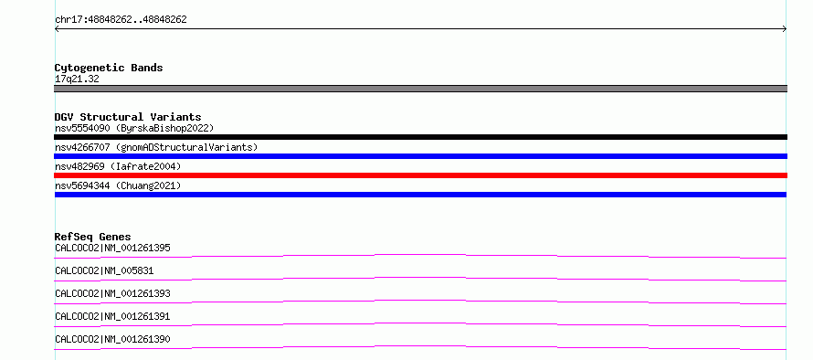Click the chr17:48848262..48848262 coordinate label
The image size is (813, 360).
coord(121,20)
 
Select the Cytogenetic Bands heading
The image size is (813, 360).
coord(109,68)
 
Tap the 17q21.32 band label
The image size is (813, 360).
coord(77,79)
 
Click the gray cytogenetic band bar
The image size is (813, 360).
coord(420,89)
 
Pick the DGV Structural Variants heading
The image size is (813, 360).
coord(128,117)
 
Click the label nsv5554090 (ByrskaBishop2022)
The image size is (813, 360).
coord(134,128)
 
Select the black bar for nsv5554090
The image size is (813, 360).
coord(420,137)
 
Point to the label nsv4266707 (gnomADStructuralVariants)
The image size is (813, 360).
coord(156,147)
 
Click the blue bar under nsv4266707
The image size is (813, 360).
coord(420,156)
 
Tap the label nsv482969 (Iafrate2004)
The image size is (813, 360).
coord(118,166)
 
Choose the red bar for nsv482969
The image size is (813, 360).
coord(420,175)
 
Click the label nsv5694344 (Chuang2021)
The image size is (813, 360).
coord(118,185)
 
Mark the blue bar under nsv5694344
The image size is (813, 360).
coord(420,195)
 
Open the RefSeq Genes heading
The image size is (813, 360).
coord(93,237)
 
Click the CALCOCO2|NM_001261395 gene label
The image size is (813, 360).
coord(112,248)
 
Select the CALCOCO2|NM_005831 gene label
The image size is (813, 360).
coord(104,270)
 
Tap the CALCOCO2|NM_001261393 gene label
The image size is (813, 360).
coord(112,293)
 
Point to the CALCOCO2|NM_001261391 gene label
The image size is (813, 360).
coord(112,316)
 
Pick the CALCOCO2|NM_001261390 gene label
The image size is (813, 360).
coord(112,339)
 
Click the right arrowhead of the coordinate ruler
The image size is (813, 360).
coord(786,29)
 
